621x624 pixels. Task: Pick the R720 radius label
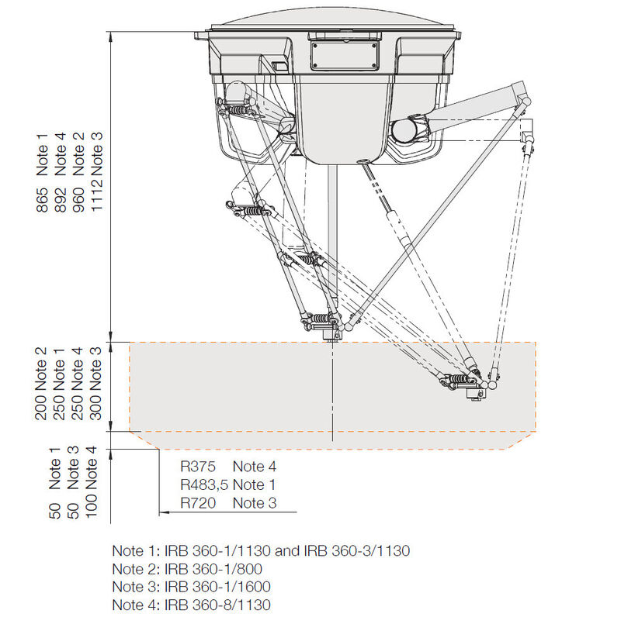pyautogui.click(x=196, y=503)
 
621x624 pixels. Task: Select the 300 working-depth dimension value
pyautogui.click(x=98, y=406)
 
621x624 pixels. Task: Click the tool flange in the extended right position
pyautogui.click(x=474, y=394)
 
